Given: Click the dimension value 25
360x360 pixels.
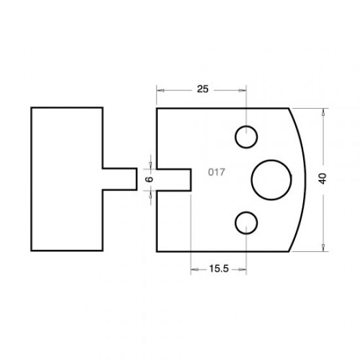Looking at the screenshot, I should (x=202, y=90).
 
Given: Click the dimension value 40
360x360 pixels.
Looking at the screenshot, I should (x=322, y=179).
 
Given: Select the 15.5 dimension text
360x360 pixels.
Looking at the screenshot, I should (x=219, y=268).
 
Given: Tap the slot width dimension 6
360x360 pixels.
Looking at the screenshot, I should (x=149, y=179).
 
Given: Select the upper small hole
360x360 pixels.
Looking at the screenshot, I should (x=246, y=137).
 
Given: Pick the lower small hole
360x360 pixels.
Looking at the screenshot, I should (x=246, y=221).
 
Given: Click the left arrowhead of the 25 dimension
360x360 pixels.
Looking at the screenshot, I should (x=160, y=90).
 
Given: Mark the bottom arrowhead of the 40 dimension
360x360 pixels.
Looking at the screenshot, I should (x=324, y=247).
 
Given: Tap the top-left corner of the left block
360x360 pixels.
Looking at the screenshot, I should (x=31, y=107).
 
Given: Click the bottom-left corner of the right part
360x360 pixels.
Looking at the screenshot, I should (x=156, y=251).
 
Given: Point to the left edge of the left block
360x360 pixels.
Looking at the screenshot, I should (x=31, y=179).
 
